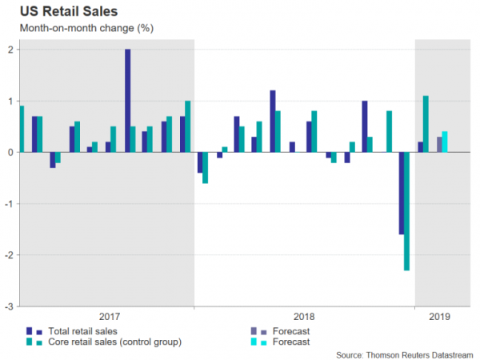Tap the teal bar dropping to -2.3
(407, 211)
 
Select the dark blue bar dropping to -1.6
(401, 193)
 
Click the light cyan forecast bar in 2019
(445, 142)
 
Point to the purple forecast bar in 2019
(438, 144)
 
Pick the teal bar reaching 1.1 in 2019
(426, 124)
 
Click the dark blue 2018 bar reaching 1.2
(273, 121)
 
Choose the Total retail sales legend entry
(80, 330)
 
